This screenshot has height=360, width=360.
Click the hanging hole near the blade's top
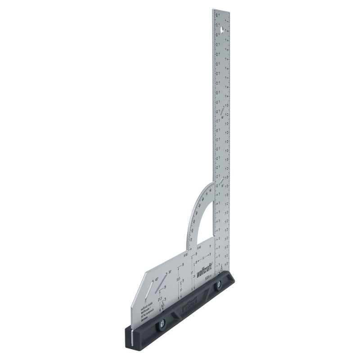click(x=222, y=30)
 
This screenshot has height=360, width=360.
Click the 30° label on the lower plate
click(x=170, y=271)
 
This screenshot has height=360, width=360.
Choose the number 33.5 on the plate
click(x=178, y=279)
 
